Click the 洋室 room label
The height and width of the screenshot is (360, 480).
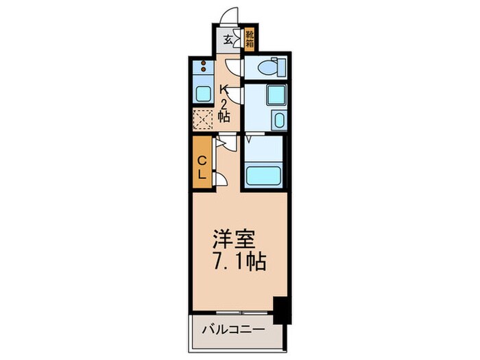[x=235, y=241]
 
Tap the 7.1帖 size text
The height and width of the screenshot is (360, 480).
[x=237, y=261]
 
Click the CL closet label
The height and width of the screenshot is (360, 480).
[x=202, y=167]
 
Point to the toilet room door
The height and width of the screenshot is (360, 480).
[x=234, y=67]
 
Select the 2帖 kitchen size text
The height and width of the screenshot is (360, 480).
[x=224, y=110]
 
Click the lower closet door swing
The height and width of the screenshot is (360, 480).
[x=220, y=179]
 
